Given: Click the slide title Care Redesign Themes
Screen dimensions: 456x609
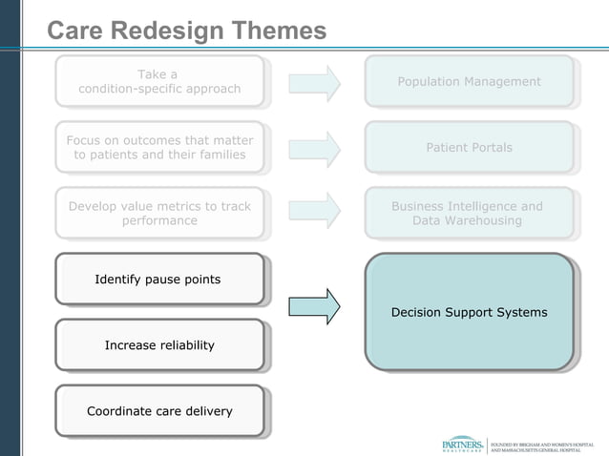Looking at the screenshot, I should tap(187, 31).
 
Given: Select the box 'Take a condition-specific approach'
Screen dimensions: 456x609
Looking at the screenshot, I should tap(159, 82).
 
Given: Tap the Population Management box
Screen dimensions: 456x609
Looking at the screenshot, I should tap(469, 82).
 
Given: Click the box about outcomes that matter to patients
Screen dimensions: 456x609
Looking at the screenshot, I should tap(159, 148).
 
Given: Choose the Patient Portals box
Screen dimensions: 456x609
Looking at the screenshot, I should tap(469, 148).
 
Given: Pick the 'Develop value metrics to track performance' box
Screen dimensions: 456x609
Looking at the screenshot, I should tap(159, 214).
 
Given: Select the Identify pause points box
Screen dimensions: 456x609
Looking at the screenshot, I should tap(158, 280).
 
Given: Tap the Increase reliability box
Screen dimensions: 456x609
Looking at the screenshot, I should tap(158, 345).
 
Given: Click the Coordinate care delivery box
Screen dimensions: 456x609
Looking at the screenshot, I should tap(158, 411).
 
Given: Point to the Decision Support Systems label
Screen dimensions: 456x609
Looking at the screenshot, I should tap(469, 313).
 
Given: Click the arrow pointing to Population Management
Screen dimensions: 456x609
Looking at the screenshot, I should tap(314, 83).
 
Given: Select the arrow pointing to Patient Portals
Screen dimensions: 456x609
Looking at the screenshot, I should tap(314, 148).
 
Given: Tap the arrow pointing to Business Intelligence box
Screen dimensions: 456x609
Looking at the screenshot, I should tap(314, 212).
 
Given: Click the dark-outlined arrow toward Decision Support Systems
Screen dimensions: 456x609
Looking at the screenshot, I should tap(314, 306).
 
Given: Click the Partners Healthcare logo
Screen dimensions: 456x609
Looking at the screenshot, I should tap(462, 445).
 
